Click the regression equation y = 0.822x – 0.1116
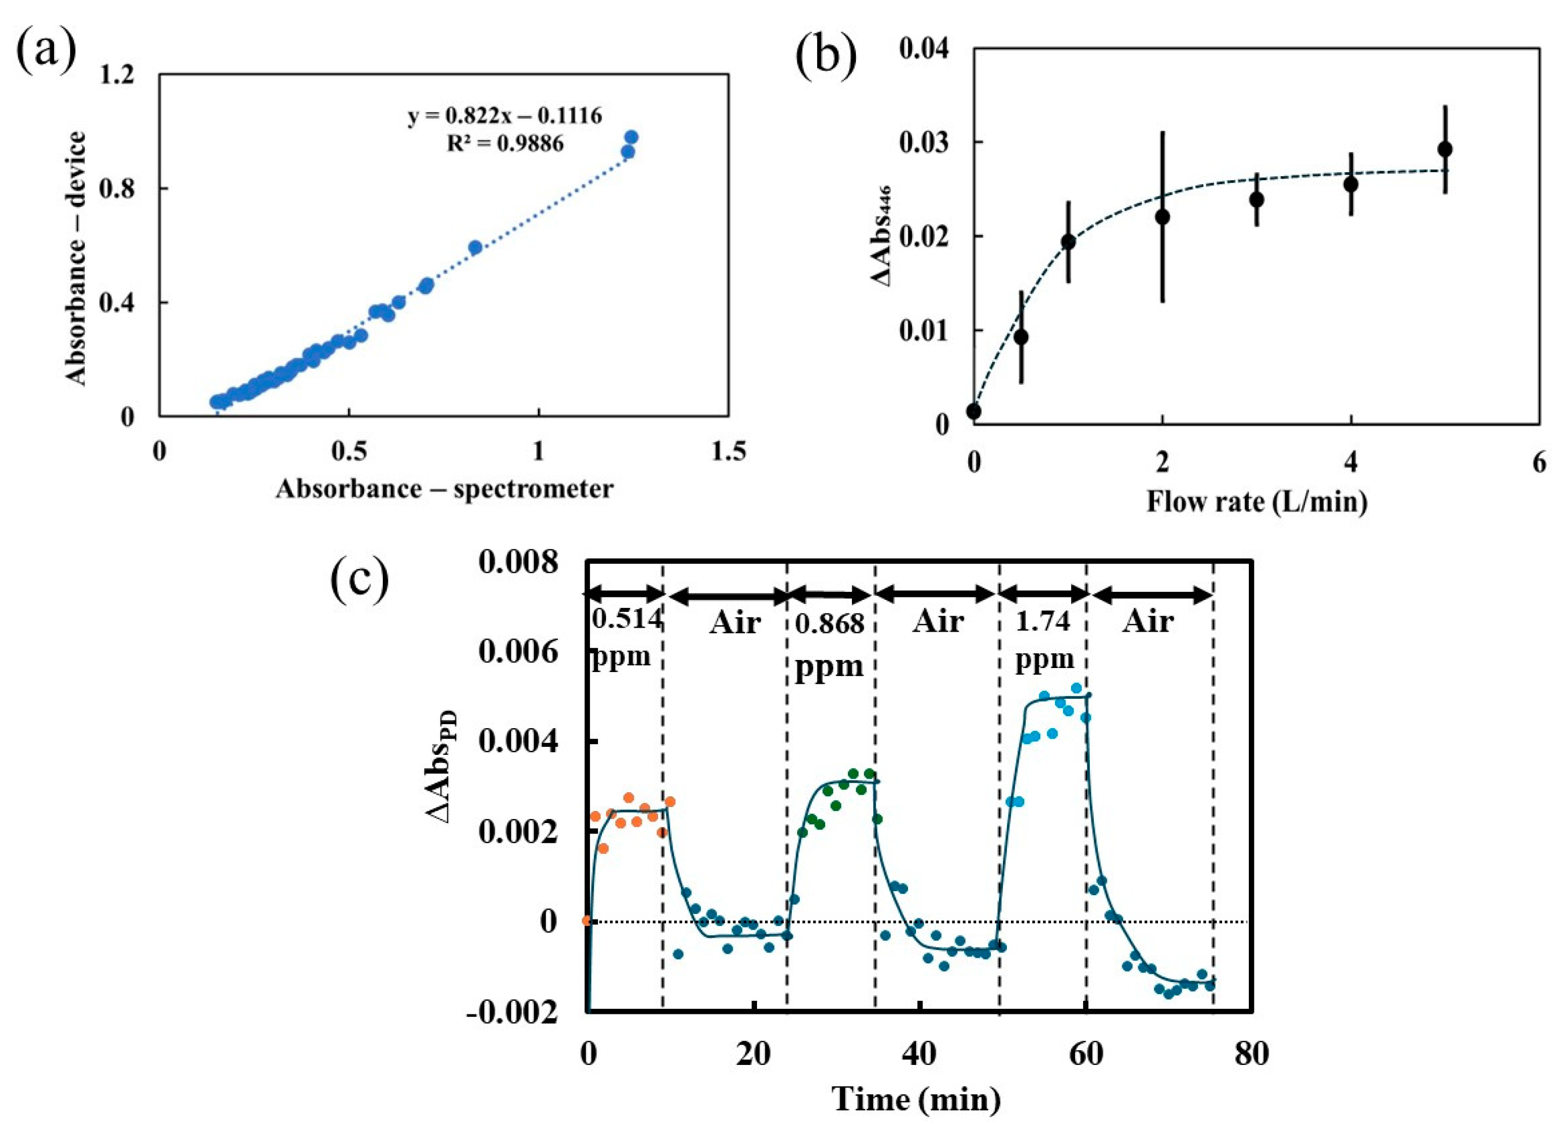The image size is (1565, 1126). coord(504,116)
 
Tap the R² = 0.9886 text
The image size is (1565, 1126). coord(504,143)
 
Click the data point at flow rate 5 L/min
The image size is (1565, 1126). coord(1445,149)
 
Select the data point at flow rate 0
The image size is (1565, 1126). coord(974,411)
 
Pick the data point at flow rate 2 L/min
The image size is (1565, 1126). coord(1163,217)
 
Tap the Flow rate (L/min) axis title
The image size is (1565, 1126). coord(1256,501)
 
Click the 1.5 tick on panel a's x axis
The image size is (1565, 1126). coord(728,451)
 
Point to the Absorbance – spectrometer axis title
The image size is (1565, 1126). coord(444,488)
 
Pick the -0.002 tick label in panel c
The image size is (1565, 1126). coord(512,1013)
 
